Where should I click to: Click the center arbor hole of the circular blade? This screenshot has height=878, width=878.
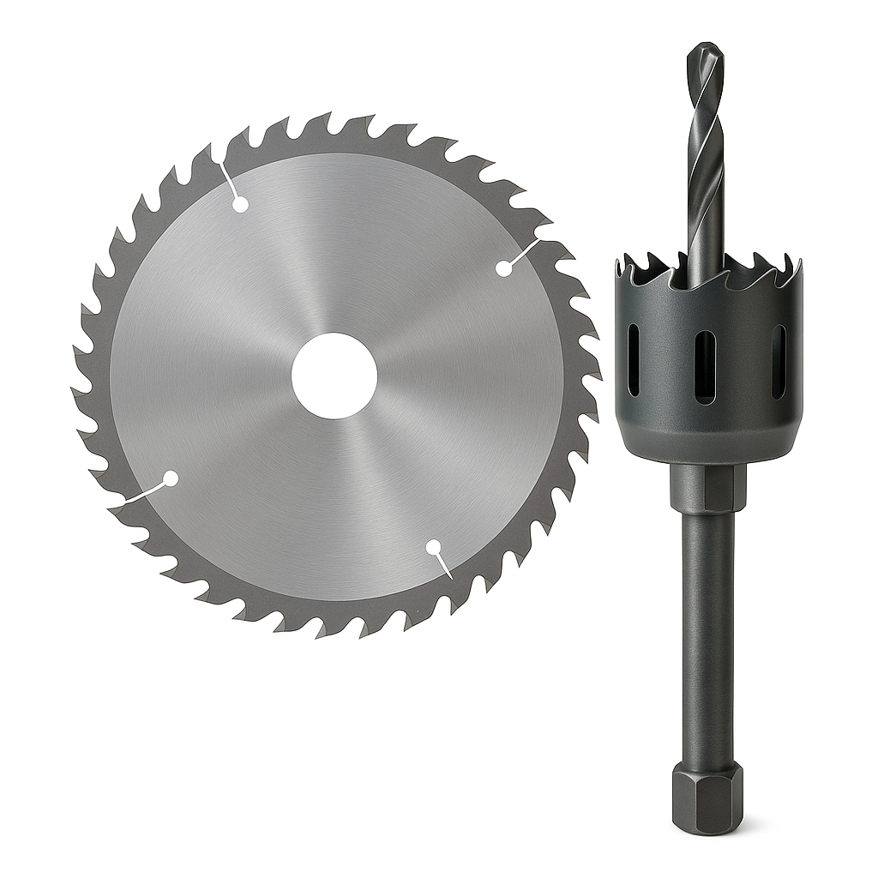(334, 376)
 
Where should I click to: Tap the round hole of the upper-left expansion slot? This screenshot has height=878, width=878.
(241, 204)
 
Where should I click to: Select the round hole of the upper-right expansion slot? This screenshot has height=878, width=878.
(504, 268)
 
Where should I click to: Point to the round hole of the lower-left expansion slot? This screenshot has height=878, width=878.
(171, 478)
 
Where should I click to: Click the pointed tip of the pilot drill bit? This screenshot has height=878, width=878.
(706, 45)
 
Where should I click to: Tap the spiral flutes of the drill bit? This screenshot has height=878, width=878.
(706, 154)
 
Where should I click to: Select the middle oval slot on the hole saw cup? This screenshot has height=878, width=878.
(705, 366)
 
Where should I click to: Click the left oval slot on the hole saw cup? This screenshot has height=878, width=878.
(634, 360)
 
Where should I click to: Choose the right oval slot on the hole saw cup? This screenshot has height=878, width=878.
(779, 361)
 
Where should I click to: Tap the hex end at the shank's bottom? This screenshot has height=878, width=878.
(707, 797)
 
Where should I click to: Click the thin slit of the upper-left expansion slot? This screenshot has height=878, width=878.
(228, 177)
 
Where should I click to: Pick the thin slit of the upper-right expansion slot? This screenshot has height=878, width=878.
(525, 252)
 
